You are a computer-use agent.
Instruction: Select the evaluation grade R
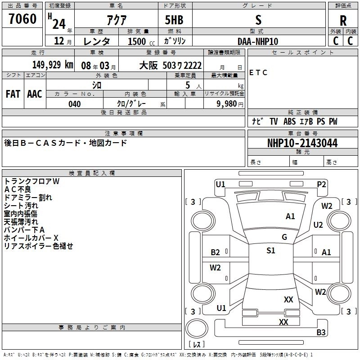click(343, 21)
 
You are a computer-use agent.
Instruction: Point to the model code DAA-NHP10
click(258, 41)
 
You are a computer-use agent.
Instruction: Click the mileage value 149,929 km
click(53, 65)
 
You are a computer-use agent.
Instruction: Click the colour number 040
click(75, 104)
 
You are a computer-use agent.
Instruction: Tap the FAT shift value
click(13, 94)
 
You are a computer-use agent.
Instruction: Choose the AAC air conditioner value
click(34, 94)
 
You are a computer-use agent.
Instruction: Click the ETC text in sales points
click(258, 73)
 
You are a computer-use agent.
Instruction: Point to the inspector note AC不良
click(18, 189)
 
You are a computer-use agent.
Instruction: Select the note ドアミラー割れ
click(28, 198)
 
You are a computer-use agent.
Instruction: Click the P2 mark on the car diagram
click(321, 184)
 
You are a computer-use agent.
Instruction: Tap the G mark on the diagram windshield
click(284, 237)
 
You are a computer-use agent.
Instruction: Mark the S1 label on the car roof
click(270, 251)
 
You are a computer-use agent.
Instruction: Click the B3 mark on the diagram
click(321, 333)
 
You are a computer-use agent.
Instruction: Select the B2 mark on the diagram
click(216, 252)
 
